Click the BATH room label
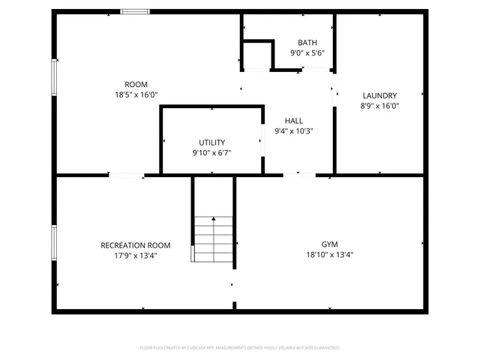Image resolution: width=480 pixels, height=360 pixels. point(307,43)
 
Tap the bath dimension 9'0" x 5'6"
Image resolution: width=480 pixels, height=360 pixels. point(307,53)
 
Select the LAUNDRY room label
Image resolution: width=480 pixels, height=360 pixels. point(379,95)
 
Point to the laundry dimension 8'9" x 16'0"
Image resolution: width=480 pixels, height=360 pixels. point(379,106)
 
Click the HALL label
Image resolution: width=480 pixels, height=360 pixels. point(293,121)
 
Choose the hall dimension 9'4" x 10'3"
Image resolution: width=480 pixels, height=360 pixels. point(293,131)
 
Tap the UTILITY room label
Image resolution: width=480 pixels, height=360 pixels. point(211,142)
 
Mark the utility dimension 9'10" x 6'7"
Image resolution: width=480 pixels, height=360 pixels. point(211,153)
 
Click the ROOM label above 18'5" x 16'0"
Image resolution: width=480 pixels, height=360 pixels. point(136,84)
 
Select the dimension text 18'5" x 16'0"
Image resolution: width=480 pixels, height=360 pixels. point(136,94)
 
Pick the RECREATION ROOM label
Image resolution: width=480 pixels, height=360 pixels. point(136,245)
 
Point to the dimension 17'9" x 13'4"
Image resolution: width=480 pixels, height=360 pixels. point(136,256)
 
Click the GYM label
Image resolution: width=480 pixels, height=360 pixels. point(330,244)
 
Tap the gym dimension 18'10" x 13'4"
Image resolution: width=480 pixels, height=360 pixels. point(330,255)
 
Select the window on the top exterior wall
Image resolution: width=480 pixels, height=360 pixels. point(134,11)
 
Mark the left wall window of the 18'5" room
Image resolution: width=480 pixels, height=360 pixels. point(54,77)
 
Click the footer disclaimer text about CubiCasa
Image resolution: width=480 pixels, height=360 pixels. point(240,348)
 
